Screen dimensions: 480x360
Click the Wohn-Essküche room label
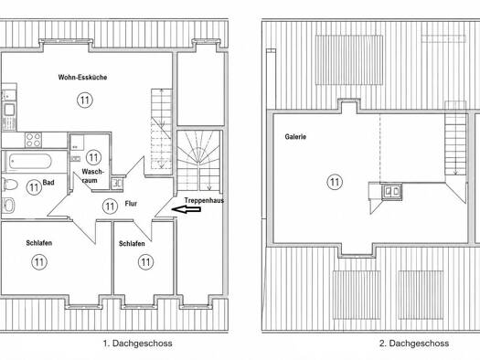(82, 77)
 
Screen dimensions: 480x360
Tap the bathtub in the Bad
(30, 161)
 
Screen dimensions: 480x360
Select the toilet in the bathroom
(9, 185)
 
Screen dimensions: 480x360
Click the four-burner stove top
(33, 140)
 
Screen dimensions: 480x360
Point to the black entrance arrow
(187, 209)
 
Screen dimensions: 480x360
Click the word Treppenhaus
(204, 201)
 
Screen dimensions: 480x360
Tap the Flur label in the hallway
(131, 204)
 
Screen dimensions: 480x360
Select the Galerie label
(295, 137)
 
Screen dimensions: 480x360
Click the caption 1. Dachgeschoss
(137, 344)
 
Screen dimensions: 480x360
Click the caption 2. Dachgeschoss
(414, 344)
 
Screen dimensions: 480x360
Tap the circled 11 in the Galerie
(335, 183)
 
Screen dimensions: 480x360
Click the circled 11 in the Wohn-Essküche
(85, 100)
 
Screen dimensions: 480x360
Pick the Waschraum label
(91, 176)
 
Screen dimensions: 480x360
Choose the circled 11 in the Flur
(110, 206)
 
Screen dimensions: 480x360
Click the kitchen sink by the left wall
(9, 110)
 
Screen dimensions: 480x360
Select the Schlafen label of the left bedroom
(39, 243)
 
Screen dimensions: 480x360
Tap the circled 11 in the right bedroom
(145, 262)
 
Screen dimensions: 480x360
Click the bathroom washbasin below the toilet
(8, 205)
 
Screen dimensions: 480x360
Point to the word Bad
(48, 183)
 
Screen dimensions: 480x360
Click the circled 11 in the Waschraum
(93, 157)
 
